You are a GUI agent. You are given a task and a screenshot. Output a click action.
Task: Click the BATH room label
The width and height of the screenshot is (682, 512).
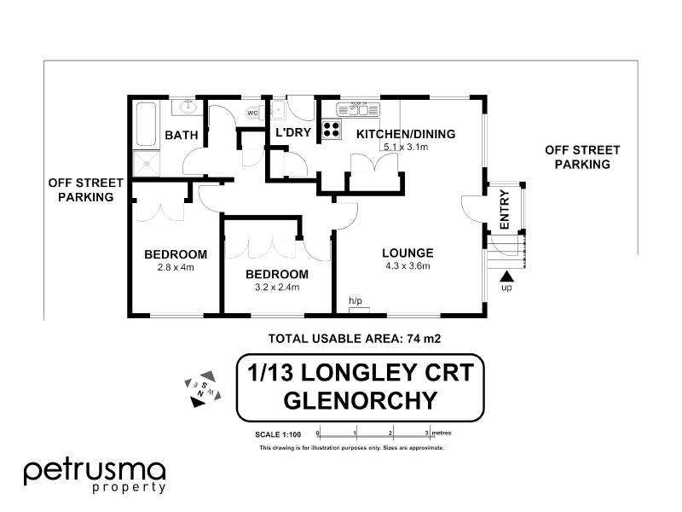(182, 136)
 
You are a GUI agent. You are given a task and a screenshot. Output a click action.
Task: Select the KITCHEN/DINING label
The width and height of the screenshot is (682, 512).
(405, 134)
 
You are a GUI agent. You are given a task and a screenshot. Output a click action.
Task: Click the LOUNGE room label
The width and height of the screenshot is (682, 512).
(407, 253)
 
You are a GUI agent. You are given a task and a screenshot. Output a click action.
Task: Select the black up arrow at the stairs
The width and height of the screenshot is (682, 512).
(506, 276)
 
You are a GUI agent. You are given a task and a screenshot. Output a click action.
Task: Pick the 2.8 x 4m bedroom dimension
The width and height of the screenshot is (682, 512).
(176, 267)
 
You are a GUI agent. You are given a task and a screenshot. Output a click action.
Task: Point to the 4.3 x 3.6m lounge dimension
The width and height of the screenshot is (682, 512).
(407, 266)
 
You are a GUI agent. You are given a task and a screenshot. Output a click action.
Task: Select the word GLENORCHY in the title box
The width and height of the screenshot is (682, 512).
(360, 399)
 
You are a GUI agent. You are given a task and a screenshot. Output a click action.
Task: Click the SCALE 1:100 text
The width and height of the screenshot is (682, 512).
(281, 435)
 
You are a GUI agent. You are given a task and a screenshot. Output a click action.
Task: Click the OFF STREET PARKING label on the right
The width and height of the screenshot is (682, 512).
(582, 157)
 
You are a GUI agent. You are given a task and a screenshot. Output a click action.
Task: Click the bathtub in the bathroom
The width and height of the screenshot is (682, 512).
(145, 126)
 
